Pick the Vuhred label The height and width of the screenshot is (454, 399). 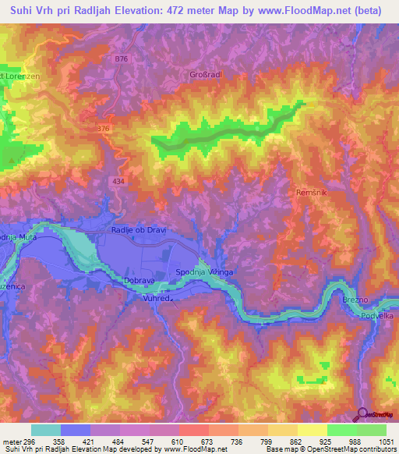pyautogui.click(x=157, y=297)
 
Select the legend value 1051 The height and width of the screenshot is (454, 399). pyautogui.click(x=383, y=441)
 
